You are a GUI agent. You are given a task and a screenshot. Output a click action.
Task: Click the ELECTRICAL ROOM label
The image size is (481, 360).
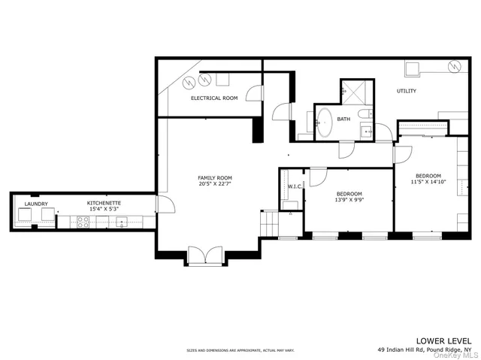coord(214,98)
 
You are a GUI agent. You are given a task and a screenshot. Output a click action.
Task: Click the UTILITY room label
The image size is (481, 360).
coord(407,92)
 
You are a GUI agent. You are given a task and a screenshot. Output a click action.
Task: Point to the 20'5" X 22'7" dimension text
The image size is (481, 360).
coord(214,184)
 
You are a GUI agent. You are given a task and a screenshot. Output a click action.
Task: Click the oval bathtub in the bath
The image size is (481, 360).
coord(325,122)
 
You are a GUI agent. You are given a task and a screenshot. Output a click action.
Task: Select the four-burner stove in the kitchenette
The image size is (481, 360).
coord(82,221)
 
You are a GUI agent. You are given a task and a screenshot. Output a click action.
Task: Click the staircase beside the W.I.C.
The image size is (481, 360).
coord(268,222)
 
